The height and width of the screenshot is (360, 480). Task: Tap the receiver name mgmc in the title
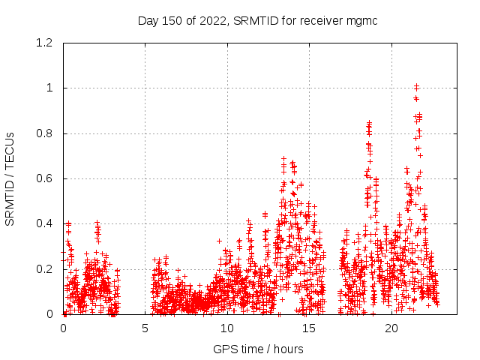point(362,20)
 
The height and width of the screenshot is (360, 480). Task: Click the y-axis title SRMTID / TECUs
point(10,179)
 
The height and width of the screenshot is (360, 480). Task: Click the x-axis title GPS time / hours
point(259,349)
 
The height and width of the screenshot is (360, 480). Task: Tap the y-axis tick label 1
point(49,88)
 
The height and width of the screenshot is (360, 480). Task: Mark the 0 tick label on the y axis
point(49,314)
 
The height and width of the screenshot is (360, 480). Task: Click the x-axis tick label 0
point(63,328)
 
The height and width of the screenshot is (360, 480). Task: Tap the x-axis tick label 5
point(145,328)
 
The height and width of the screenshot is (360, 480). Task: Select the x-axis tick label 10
point(227,328)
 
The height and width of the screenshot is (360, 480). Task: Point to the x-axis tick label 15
point(309,328)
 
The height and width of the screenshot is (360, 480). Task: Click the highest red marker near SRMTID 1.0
point(416,86)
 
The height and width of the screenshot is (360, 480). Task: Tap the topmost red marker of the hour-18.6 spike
point(369,123)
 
